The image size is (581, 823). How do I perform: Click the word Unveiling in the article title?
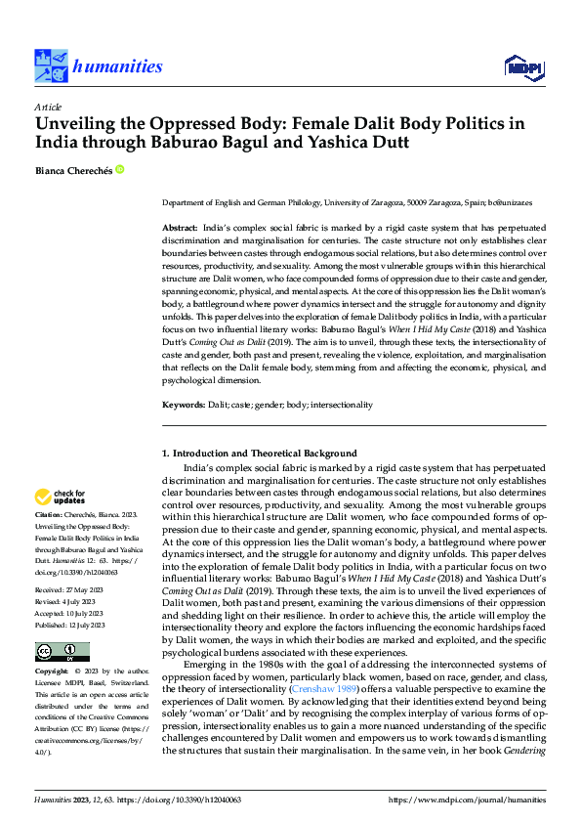[x=80, y=125]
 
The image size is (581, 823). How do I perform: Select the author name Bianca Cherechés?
[x=72, y=170]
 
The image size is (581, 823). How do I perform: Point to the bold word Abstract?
[x=181, y=226]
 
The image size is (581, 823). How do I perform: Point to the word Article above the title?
[x=48, y=107]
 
